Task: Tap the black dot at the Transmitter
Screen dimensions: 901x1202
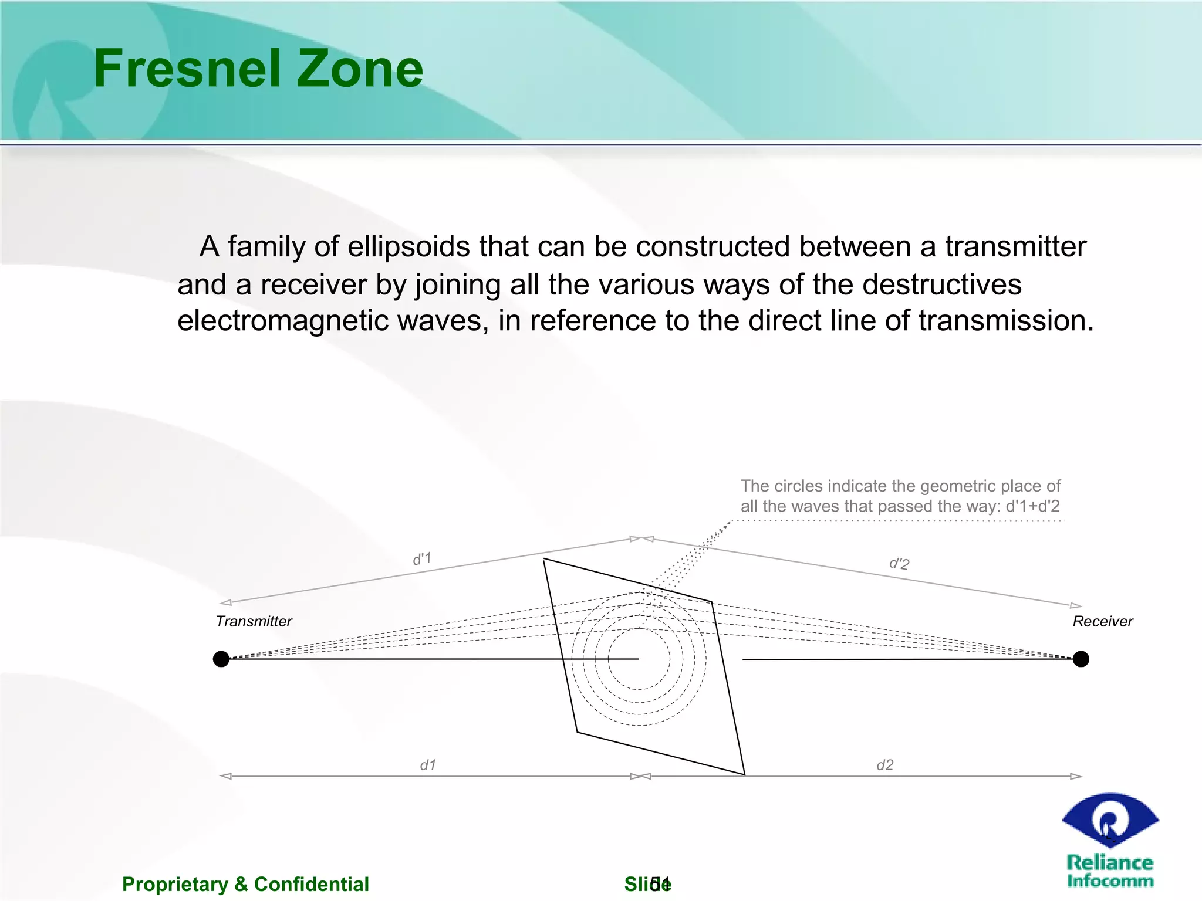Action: click(x=221, y=659)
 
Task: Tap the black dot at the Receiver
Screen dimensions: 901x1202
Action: click(x=1081, y=659)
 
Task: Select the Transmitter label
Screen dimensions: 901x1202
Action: click(x=254, y=621)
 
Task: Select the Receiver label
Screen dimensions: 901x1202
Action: click(x=1102, y=621)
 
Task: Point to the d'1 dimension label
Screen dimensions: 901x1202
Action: click(x=421, y=558)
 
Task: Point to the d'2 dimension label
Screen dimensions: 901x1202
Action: click(x=899, y=564)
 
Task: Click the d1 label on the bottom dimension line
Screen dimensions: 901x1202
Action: click(x=428, y=765)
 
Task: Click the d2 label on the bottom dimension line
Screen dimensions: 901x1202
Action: click(x=884, y=765)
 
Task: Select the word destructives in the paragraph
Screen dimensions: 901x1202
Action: click(x=941, y=284)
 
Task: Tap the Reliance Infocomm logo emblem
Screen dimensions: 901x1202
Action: click(x=1109, y=820)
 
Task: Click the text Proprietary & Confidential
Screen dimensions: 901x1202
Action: click(x=245, y=884)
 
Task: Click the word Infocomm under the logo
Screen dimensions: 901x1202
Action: click(x=1110, y=881)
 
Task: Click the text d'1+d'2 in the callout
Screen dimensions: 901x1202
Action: click(x=1032, y=506)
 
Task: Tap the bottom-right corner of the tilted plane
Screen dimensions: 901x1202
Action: click(x=745, y=774)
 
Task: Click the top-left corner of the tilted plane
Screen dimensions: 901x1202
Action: click(x=544, y=560)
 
